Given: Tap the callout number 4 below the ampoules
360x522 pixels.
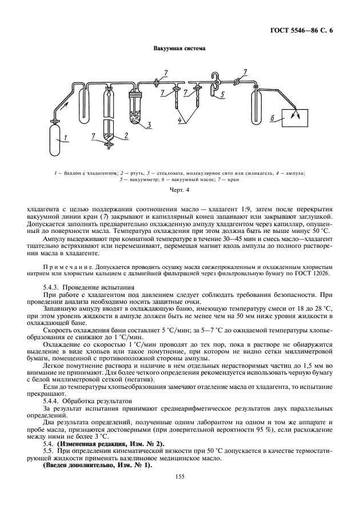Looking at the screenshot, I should [181, 121].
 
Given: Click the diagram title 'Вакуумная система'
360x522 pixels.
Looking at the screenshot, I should [179, 49].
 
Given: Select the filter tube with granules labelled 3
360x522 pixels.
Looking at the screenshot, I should [137, 106].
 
